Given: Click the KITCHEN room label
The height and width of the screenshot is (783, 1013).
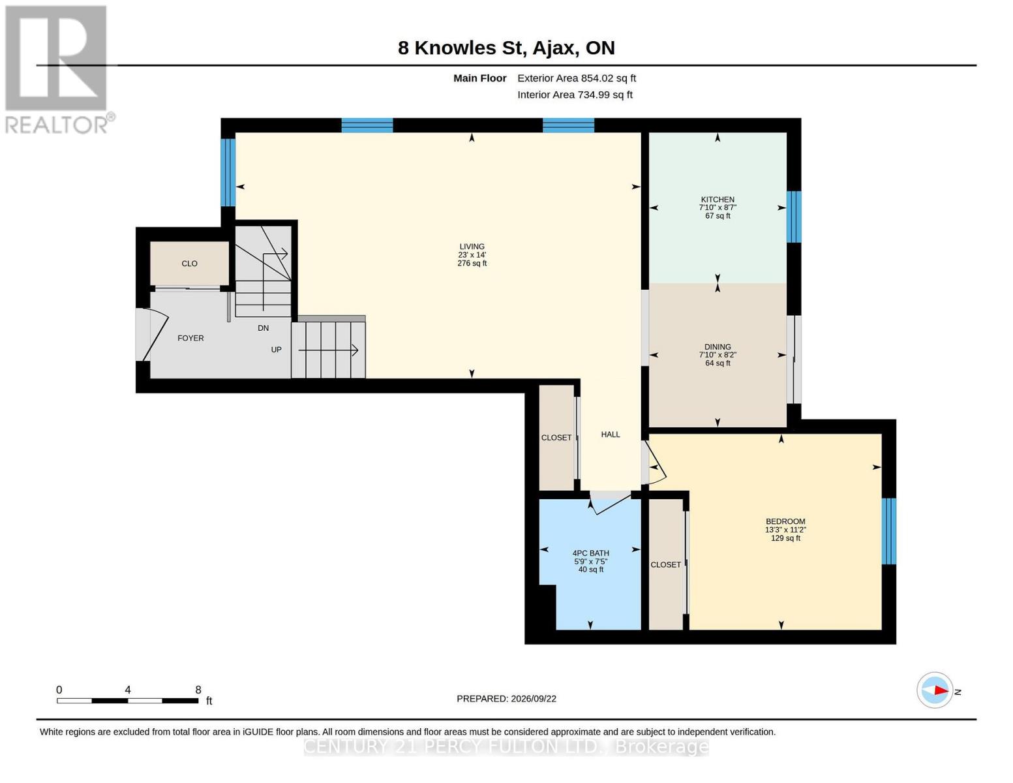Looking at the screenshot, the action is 718,199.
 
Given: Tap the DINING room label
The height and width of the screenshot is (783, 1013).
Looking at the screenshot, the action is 718,346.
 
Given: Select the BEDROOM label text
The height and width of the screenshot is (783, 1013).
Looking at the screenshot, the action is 785,521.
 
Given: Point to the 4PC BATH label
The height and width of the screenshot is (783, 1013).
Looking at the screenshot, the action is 590,553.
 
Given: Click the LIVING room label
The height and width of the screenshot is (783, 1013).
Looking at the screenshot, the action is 472,246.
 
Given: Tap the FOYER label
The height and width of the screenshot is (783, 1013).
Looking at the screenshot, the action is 190,338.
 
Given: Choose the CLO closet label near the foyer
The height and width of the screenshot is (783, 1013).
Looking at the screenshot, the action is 189,264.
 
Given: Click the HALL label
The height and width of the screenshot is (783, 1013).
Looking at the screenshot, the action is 611,434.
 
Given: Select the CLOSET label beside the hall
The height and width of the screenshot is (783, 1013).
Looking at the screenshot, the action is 556,437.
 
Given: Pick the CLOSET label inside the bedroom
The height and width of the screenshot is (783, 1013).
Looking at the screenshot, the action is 666,564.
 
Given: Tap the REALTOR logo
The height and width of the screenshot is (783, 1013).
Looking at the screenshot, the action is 59,69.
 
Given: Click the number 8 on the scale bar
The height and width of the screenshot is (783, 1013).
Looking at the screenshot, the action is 198,690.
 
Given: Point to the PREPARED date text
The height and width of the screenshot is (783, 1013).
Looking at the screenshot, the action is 506,699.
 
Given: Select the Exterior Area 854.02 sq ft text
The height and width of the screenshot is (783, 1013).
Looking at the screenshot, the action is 577,78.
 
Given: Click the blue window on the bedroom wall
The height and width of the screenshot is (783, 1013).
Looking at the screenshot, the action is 888,531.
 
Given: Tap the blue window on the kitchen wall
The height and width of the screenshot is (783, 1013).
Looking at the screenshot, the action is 794,217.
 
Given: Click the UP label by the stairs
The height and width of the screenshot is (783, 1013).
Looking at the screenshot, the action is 277,349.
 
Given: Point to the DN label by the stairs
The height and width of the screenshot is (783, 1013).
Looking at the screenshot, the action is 264,328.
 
